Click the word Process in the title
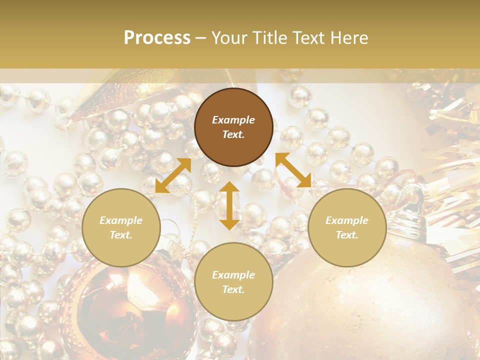(x=157, y=38)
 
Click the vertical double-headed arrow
(x=229, y=205)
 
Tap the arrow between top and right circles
(x=293, y=170)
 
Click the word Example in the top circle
(x=233, y=120)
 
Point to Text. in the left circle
(x=121, y=235)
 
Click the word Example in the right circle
(x=347, y=220)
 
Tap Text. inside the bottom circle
(x=233, y=289)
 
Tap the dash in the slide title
(x=200, y=38)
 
